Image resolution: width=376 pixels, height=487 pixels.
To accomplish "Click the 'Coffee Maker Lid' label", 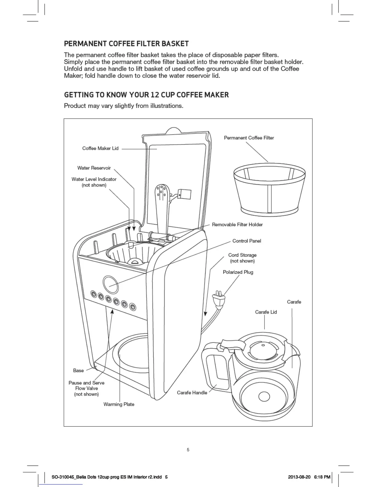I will [x=100, y=148].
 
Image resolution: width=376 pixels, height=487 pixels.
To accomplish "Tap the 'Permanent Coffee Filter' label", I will [x=249, y=138].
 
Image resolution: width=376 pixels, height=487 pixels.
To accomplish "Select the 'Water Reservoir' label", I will [x=94, y=168].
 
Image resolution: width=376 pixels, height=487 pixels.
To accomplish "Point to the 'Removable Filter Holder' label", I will [x=237, y=224].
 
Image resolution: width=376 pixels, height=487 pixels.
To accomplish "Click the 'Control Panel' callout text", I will [x=247, y=241].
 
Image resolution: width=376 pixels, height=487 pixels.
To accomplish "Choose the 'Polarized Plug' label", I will [x=238, y=272].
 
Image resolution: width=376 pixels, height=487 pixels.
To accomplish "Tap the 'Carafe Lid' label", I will [x=266, y=312].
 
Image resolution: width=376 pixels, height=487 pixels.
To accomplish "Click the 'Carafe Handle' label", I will [x=192, y=393].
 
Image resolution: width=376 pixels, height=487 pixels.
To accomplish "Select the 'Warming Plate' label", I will [x=119, y=404].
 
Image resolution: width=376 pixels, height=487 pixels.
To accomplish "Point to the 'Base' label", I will [x=78, y=370].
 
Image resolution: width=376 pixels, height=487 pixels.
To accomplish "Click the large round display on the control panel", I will [x=111, y=283].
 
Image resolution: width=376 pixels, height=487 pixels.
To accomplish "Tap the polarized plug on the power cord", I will [x=218, y=300].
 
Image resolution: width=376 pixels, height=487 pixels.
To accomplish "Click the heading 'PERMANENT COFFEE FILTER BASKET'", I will [x=126, y=44].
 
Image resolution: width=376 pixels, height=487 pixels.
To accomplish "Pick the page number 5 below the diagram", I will [x=188, y=450].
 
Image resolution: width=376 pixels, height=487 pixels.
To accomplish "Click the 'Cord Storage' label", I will [x=242, y=255].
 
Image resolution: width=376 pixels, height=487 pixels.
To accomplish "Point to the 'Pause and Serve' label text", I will [x=86, y=383].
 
